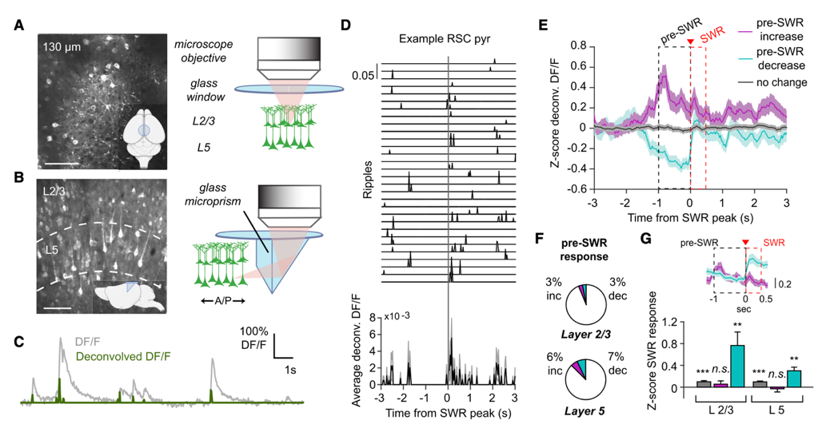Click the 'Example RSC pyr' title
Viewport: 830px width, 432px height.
(x=448, y=39)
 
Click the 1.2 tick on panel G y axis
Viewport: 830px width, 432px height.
(x=655, y=323)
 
